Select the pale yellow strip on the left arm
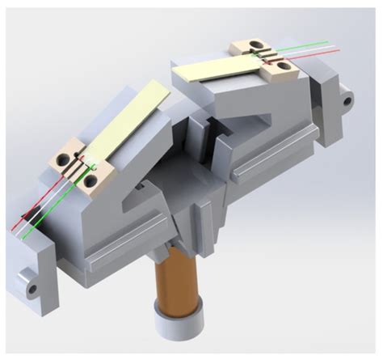click(x=128, y=121)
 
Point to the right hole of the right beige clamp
click(x=282, y=62)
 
